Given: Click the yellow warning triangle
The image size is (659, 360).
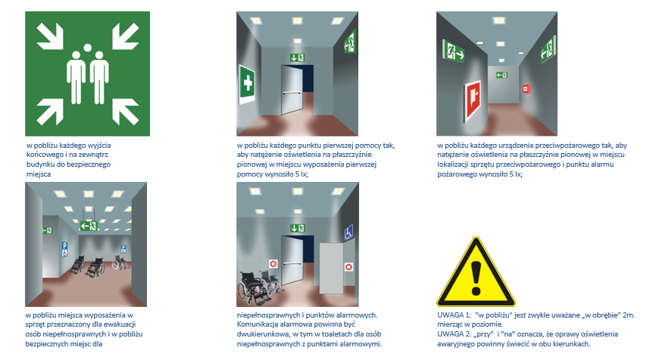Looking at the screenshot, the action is [476, 272].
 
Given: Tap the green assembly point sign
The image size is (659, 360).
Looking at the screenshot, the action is [87, 74].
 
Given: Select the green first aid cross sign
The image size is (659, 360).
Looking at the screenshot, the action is [247, 83].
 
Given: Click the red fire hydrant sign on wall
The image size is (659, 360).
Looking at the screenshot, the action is [473, 100].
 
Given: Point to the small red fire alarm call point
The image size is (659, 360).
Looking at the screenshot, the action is [526, 89].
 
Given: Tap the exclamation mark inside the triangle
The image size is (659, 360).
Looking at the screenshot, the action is [476, 278].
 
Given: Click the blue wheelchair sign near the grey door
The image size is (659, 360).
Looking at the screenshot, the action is [349, 232].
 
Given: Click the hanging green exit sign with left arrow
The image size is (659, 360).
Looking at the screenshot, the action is [89, 227].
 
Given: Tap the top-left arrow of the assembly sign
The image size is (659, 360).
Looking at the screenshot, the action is [50, 36].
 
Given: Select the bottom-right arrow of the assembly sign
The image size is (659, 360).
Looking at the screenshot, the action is [125, 111].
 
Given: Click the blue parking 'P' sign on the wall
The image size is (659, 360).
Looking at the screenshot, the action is [64, 249].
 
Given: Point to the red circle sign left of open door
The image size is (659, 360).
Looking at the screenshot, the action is [273, 264].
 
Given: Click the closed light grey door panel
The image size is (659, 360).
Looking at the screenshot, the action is [332, 268].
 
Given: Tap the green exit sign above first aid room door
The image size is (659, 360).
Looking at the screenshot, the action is [297, 58].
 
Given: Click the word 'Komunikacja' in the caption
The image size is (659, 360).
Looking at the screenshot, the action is [256, 324].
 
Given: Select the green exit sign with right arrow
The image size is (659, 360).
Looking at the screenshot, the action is [454, 52].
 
